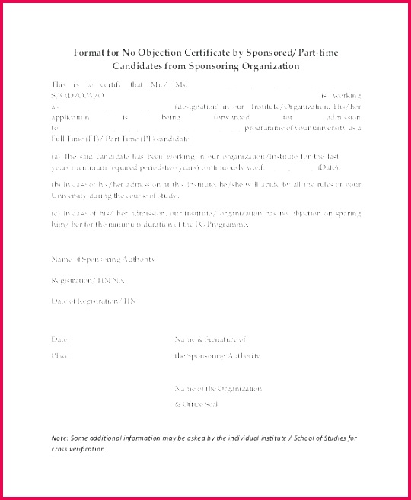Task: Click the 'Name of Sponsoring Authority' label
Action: click(103, 260)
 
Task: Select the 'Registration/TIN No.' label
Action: click(87, 281)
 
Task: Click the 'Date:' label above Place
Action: click(61, 339)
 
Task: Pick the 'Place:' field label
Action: click(61, 355)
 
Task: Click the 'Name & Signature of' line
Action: click(210, 339)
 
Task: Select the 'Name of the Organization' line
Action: click(218, 389)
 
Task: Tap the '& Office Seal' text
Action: click(196, 404)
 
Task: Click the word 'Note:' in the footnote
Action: click(60, 438)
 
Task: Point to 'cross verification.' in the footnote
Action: click(78, 449)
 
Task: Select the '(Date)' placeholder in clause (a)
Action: click(328, 167)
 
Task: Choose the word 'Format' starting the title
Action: click(88, 53)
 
